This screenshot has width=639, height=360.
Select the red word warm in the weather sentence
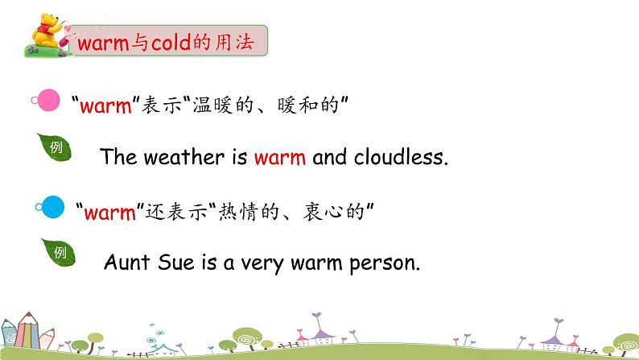pos(279,158)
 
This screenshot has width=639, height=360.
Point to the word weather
pos(184,158)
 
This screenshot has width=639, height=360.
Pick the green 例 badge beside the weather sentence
pos(56,147)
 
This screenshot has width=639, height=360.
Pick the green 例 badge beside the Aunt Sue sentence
pos(59,253)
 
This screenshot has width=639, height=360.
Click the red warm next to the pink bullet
pos(105,105)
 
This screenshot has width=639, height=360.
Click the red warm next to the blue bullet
pos(111,213)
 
